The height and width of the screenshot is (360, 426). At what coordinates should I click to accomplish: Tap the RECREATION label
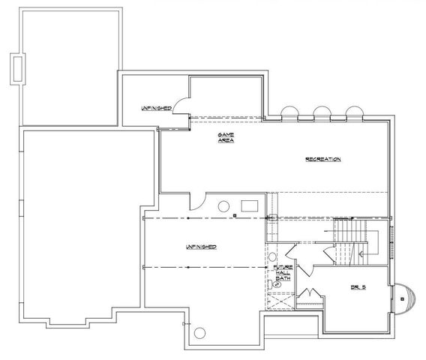pos(323,160)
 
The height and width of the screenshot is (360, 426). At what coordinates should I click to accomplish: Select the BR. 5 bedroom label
pos(357,286)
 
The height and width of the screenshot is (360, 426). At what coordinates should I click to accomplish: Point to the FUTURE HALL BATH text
pos(283,272)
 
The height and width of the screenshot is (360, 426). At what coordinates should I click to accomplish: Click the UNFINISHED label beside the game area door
pos(155,108)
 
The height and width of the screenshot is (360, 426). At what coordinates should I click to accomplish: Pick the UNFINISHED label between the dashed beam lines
pos(201,247)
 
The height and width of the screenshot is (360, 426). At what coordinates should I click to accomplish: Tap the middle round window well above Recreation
pos(321,113)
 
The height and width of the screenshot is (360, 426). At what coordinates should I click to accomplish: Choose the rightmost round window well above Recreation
pos(353,113)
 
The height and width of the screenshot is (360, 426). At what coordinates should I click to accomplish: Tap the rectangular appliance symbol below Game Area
pos(249,205)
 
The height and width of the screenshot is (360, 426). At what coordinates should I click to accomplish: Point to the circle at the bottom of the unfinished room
pos(199,334)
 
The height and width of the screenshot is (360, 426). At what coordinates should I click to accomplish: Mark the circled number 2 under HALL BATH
pos(278,284)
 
